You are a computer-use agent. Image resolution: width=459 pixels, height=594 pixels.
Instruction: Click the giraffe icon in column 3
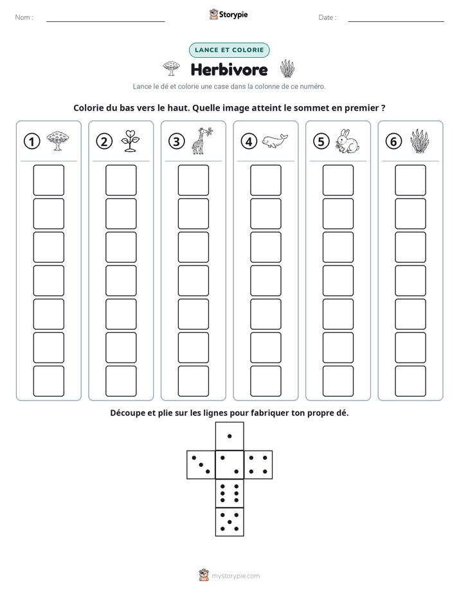point(202,141)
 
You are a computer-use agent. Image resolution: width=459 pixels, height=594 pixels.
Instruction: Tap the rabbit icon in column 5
point(347,141)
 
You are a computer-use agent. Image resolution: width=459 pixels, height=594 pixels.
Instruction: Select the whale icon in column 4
point(274,141)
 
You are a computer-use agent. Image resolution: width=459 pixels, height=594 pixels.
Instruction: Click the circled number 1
point(32,141)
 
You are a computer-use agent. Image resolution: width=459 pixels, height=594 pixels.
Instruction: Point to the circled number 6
point(393,141)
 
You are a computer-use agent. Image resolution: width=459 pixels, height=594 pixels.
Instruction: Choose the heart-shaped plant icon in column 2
point(130,141)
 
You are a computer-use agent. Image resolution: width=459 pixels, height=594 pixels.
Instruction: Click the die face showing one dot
point(230,436)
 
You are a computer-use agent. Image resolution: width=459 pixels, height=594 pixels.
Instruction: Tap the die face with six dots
point(230,493)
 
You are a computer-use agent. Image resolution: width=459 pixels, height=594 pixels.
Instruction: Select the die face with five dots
point(230,522)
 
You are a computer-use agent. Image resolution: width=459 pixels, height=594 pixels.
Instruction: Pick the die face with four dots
point(258,465)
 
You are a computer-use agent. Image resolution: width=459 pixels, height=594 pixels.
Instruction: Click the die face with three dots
point(201,465)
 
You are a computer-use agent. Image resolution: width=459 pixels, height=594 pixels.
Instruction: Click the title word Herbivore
point(229,69)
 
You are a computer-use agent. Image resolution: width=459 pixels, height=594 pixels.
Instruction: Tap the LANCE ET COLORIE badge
point(229,50)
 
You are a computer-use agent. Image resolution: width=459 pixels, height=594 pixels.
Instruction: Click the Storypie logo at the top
point(228,14)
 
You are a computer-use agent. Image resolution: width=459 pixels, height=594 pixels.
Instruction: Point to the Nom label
point(24,17)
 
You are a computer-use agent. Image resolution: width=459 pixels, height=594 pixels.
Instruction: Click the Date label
point(327,17)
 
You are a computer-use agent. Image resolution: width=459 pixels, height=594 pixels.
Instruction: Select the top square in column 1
point(48,180)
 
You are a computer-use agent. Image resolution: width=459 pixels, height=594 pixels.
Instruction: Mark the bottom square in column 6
point(410,381)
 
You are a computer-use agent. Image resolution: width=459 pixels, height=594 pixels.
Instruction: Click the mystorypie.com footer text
point(235,576)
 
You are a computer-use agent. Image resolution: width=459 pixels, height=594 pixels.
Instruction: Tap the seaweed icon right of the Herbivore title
point(287,69)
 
